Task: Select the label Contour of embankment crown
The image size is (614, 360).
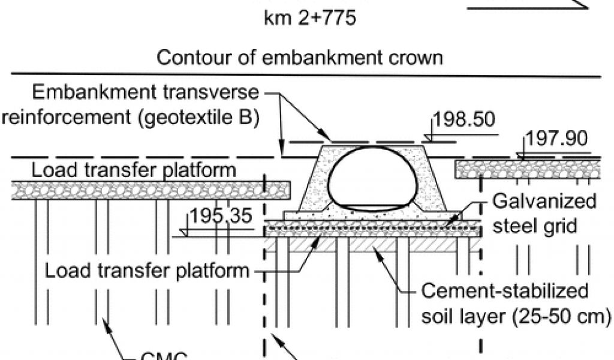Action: point(299,58)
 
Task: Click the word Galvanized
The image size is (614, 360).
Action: point(544,200)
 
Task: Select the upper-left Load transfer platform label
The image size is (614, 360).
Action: point(134,170)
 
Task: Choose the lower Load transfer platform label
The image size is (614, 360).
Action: point(148,271)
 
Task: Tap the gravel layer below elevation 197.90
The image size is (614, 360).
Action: point(528,169)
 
